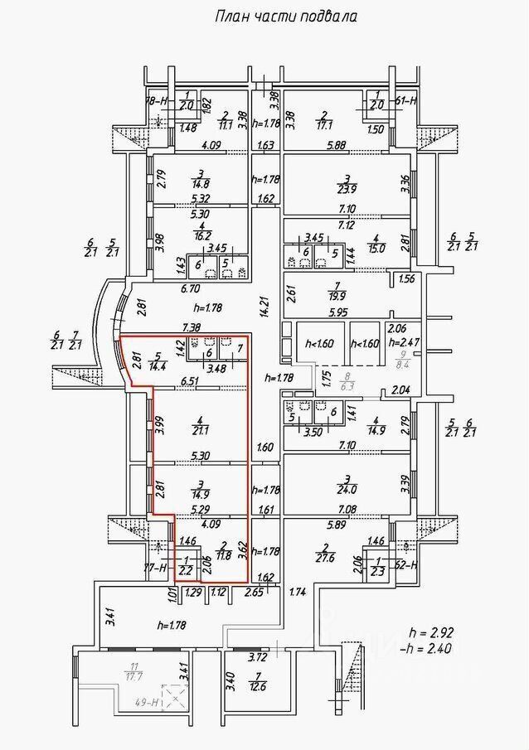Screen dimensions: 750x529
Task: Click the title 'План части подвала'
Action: [x=285, y=16]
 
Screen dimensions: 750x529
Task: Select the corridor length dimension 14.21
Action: [x=265, y=307]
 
